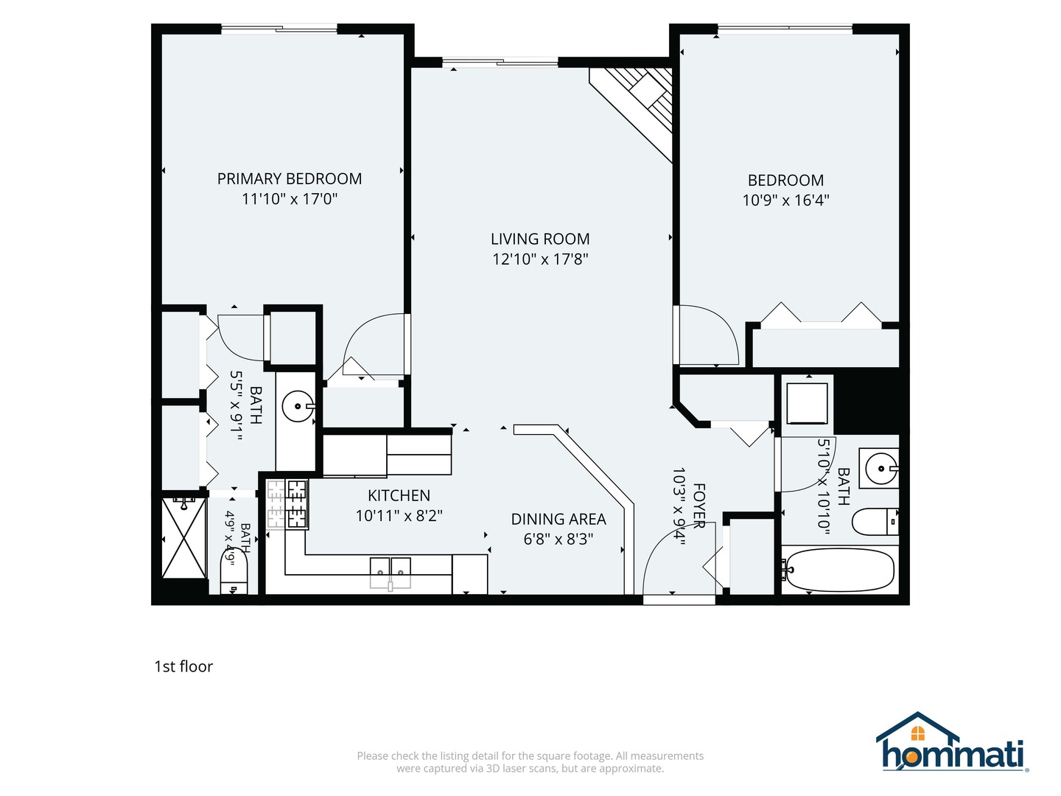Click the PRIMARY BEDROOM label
pos(289,179)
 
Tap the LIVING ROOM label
pos(540,239)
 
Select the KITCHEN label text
pos(399,495)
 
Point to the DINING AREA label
pos(558,519)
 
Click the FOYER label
pos(699,506)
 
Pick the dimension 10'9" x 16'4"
pos(785,200)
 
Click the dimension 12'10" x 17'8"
pos(540,259)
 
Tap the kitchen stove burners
pos(287,504)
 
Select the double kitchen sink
pos(390,573)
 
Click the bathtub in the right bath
pos(839,570)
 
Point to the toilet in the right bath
pos(875,522)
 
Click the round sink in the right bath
pos(880,468)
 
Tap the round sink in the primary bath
pos(298,406)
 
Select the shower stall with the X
pos(183,537)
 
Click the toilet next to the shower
pos(234,573)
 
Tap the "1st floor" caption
pos(183,666)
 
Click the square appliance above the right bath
pos(807,404)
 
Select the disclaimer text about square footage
pos(530,762)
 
